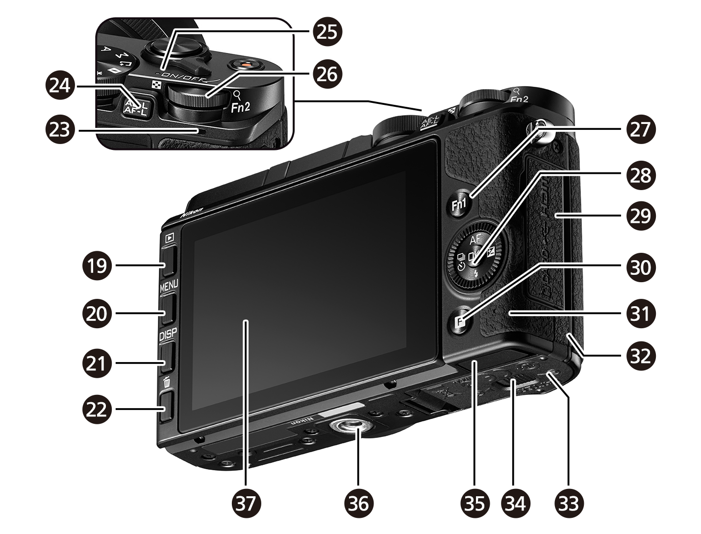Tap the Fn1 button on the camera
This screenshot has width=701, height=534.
459,205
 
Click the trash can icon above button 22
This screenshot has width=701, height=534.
167,381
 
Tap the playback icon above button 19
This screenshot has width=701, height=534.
169,238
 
